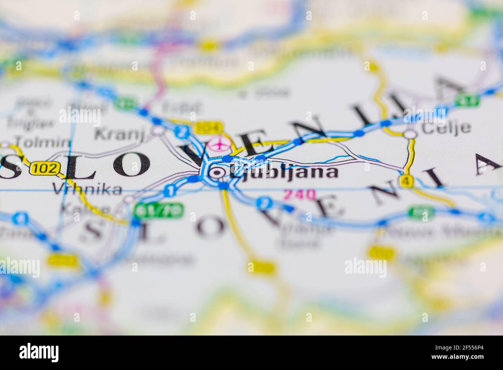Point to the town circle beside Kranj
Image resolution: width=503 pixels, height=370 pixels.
pyautogui.click(x=157, y=130)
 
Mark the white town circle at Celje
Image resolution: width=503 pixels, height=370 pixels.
pyautogui.click(x=411, y=134)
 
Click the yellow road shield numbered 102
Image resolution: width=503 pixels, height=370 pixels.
pyautogui.click(x=46, y=168)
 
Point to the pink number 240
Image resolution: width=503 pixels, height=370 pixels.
pyautogui.click(x=299, y=194)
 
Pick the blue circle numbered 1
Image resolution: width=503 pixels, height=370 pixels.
pyautogui.click(x=169, y=190)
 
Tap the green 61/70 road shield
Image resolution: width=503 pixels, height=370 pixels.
pyautogui.click(x=157, y=211)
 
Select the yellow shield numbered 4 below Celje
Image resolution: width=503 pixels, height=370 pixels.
pyautogui.click(x=405, y=181)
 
